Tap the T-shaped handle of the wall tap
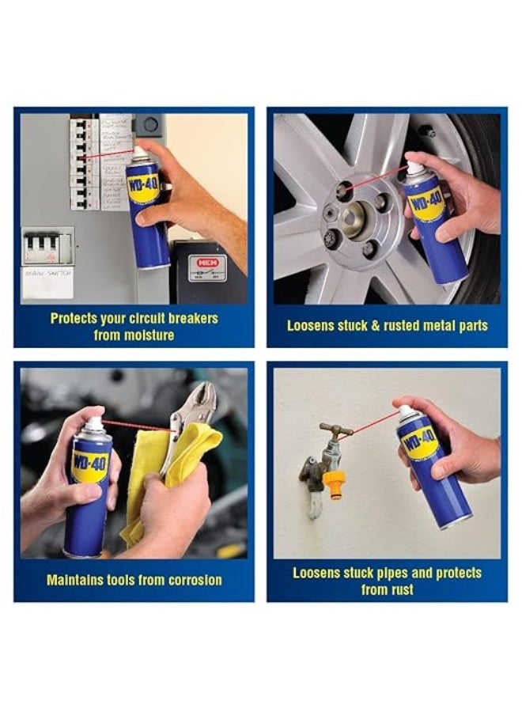336,430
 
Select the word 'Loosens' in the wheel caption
312,325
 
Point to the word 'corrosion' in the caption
191,580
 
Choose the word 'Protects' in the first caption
76,318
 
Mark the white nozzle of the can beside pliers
93,423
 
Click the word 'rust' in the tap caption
399,589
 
